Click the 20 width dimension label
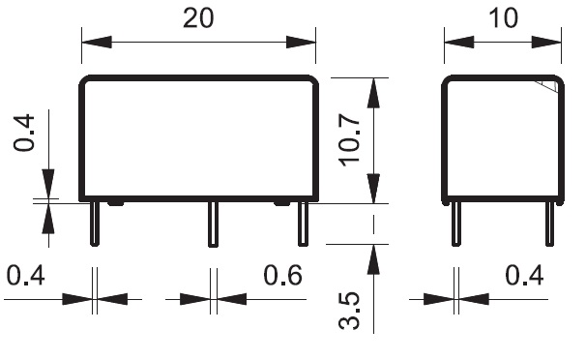198,18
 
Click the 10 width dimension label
503,18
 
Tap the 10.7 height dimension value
349,140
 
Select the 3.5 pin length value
349,311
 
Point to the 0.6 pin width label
283,275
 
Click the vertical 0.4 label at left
24,133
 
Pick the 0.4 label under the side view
524,275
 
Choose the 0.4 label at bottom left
26,275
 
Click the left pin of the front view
95,224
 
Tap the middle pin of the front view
213,225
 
